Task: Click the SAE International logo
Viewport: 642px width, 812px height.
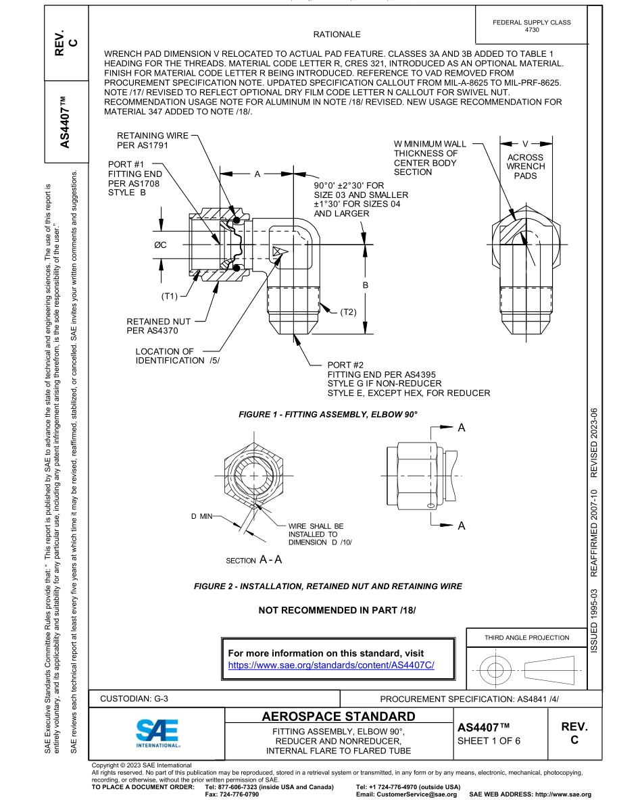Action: click(157, 732)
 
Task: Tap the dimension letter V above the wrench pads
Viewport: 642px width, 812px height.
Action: click(526, 143)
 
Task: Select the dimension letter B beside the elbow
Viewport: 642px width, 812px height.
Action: click(366, 286)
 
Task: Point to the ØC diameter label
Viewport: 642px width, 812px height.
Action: click(160, 245)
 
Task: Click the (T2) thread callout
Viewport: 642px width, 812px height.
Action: click(348, 311)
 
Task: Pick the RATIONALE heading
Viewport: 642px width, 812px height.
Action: click(337, 34)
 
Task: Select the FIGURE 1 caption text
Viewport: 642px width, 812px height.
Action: click(328, 414)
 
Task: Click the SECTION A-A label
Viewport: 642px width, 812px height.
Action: click(254, 560)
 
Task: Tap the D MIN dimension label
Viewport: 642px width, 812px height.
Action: click(201, 516)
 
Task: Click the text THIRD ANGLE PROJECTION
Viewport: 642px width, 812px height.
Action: click(526, 637)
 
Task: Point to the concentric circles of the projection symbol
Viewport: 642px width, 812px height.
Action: click(497, 670)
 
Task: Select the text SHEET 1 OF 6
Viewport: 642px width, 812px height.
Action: click(489, 740)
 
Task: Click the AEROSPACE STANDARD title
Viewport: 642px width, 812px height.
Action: click(338, 716)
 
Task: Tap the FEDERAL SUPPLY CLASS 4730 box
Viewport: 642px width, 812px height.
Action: click(532, 26)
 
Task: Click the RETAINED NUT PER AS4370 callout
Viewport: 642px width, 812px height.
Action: click(159, 326)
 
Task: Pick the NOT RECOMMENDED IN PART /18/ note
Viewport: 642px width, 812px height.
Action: click(337, 610)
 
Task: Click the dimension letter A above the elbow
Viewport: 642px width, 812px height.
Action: click(257, 174)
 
